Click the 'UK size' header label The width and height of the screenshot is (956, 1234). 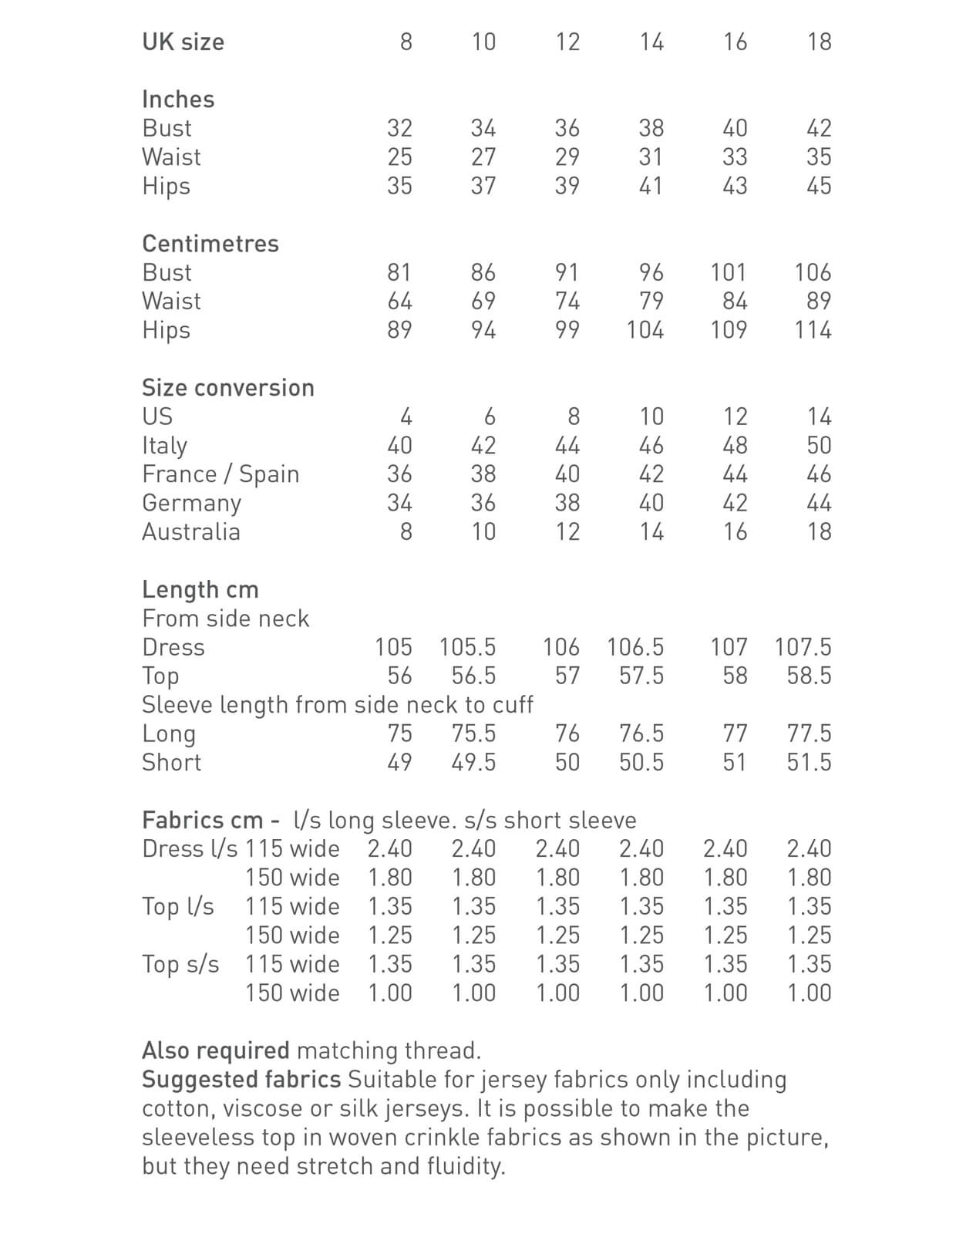183,42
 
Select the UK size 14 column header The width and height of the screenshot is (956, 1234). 651,42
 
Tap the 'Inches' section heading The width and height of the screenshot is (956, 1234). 178,99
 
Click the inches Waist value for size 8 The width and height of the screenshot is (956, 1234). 399,157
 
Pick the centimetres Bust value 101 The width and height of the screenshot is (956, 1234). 728,272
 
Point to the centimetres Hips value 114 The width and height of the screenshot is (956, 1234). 813,330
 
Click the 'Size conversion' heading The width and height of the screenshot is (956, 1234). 228,387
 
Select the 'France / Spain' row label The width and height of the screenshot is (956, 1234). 220,474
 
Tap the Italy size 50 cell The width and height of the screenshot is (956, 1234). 819,446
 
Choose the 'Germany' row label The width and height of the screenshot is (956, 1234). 191,503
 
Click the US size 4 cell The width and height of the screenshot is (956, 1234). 406,417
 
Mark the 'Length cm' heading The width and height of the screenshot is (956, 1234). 200,589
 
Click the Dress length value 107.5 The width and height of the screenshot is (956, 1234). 803,647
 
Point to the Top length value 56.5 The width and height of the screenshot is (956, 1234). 473,676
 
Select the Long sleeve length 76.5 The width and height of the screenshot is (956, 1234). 641,733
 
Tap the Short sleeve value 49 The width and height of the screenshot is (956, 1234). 399,763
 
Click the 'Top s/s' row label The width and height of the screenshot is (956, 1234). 180,964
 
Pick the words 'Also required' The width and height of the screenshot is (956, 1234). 216,1050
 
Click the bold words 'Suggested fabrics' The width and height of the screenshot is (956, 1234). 241,1080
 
